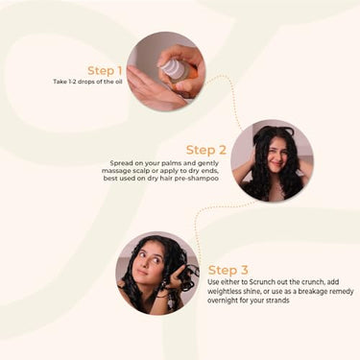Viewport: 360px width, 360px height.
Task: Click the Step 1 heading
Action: [105, 71]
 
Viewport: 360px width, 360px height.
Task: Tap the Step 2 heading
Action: [206, 150]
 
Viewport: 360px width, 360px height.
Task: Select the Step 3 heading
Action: [228, 270]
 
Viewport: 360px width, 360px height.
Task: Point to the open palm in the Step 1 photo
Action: [151, 88]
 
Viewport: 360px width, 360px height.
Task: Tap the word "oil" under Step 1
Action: [118, 82]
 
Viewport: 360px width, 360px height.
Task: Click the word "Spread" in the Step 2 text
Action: [121, 163]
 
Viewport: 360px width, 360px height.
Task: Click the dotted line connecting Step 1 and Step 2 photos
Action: [231, 95]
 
